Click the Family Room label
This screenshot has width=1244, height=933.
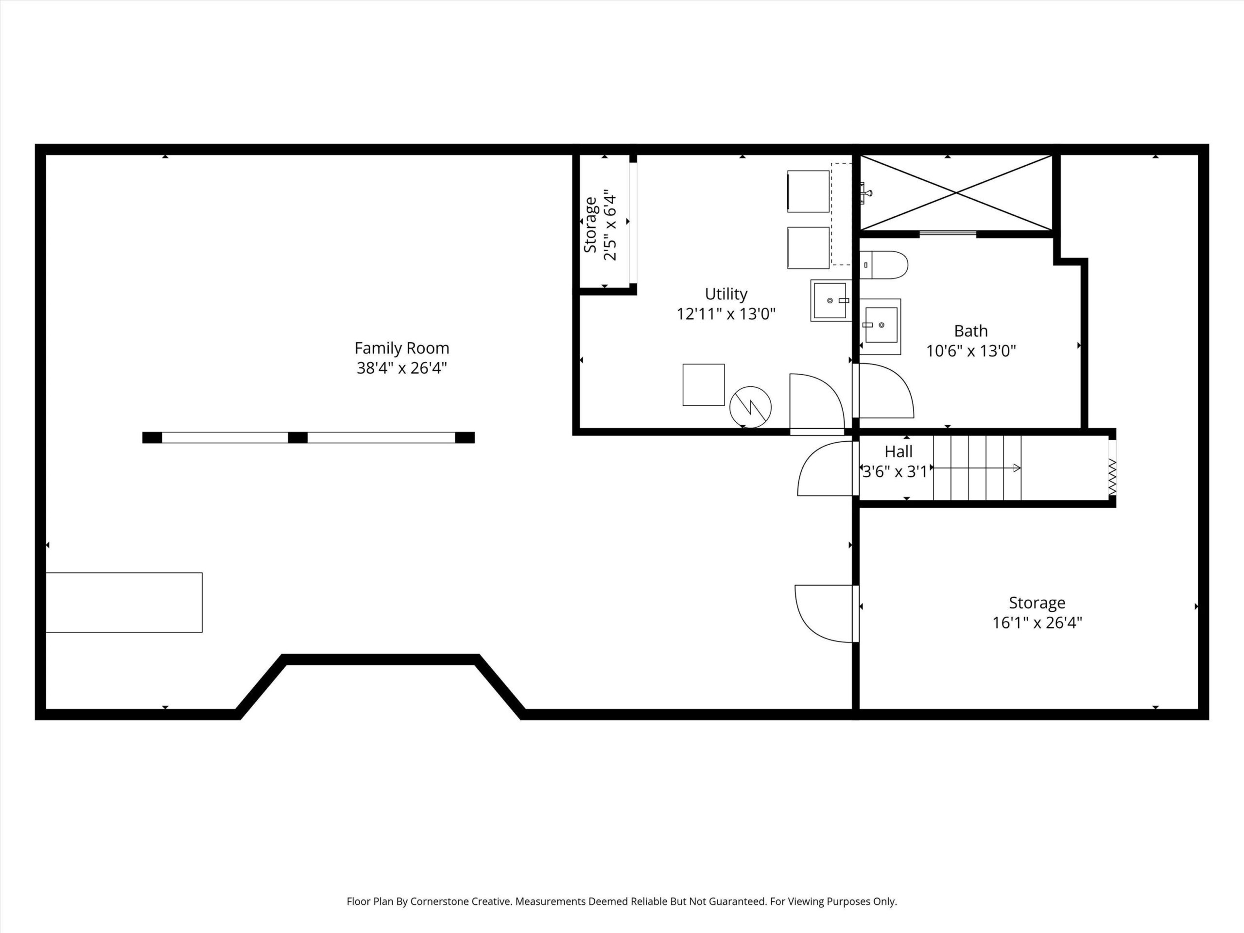click(x=401, y=348)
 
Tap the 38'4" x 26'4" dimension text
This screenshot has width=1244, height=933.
click(x=401, y=368)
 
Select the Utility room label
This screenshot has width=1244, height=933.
click(x=726, y=294)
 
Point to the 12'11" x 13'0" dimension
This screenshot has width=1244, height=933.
click(x=726, y=314)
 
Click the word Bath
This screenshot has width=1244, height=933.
click(x=971, y=331)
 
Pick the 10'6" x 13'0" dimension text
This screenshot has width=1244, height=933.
click(x=971, y=351)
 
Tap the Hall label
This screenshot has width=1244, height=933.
click(x=898, y=451)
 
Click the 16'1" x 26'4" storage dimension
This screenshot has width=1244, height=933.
click(x=1037, y=623)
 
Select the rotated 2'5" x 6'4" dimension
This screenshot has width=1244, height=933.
click(x=610, y=225)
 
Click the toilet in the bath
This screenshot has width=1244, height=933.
click(x=883, y=265)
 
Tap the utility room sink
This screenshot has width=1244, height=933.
click(x=830, y=301)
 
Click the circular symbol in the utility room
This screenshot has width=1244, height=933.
click(x=750, y=407)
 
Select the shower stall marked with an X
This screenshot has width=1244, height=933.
click(x=956, y=193)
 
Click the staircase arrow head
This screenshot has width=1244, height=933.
click(x=1017, y=468)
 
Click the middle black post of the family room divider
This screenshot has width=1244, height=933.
click(x=297, y=437)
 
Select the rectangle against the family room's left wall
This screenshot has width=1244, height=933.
click(x=124, y=602)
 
